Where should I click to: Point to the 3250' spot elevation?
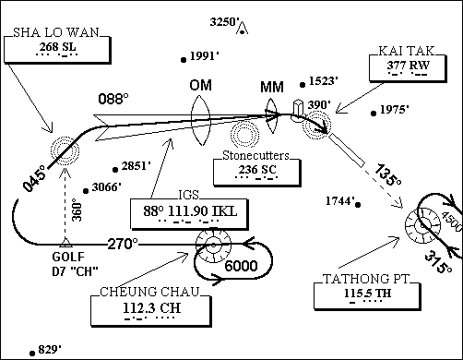click(x=225, y=20)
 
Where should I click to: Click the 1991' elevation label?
click(x=203, y=55)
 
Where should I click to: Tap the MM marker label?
click(x=272, y=87)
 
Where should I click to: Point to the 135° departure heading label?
click(x=387, y=174)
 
